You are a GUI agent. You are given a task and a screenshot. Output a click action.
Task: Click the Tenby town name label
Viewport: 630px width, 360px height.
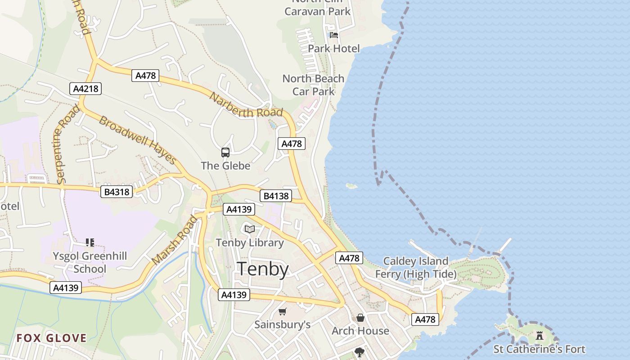click(x=263, y=269)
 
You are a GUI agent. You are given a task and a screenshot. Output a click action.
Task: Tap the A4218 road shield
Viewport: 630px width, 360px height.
click(x=85, y=89)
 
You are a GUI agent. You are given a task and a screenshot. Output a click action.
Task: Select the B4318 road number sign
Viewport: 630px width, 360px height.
click(x=117, y=192)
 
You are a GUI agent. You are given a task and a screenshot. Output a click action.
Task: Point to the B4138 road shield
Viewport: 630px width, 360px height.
click(x=276, y=196)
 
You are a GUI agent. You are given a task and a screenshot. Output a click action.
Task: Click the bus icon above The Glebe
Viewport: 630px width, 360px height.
click(x=225, y=153)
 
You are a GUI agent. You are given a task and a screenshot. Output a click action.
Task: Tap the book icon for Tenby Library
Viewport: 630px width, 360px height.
click(x=250, y=229)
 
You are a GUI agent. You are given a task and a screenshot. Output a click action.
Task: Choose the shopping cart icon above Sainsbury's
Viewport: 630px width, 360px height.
click(x=283, y=311)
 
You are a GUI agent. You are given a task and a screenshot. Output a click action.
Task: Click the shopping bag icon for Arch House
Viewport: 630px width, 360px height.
click(x=360, y=318)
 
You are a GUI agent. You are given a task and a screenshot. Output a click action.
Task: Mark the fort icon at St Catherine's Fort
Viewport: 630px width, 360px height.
click(x=539, y=335)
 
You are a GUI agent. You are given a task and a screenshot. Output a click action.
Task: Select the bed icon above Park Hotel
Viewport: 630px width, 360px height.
click(x=334, y=35)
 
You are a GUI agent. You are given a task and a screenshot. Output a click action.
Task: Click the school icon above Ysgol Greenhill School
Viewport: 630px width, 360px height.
click(x=90, y=243)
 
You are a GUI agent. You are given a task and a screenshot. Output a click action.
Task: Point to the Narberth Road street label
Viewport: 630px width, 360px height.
click(x=246, y=106)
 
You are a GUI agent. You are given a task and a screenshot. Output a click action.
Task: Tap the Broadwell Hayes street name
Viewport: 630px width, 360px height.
click(x=138, y=140)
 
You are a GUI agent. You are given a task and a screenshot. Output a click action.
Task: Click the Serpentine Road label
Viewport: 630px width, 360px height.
click(x=67, y=144)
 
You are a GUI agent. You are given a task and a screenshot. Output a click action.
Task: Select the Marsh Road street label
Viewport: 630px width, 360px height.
click(x=175, y=241)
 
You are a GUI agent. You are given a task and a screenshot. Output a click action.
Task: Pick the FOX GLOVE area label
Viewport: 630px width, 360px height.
click(x=51, y=338)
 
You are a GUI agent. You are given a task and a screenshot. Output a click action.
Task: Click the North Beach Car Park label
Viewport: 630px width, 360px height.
click(x=313, y=85)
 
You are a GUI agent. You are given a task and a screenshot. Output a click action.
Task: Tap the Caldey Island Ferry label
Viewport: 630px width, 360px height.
click(x=415, y=267)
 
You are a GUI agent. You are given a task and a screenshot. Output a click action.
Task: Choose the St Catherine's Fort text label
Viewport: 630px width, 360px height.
click(x=539, y=349)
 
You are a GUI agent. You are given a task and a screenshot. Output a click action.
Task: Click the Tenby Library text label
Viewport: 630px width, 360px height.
click(x=250, y=243)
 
